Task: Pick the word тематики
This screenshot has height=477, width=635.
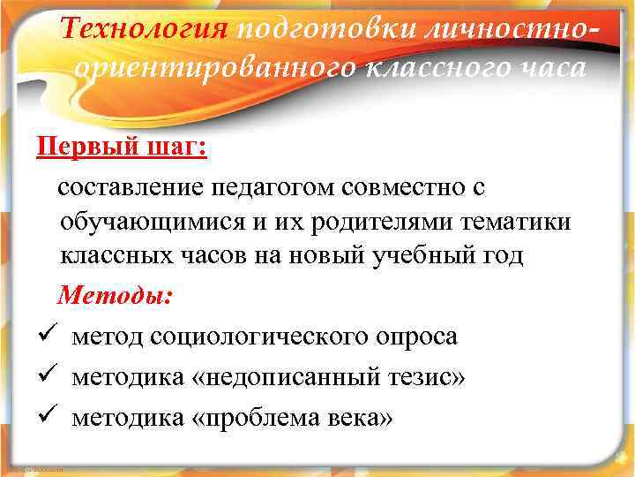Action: point(522,222)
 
